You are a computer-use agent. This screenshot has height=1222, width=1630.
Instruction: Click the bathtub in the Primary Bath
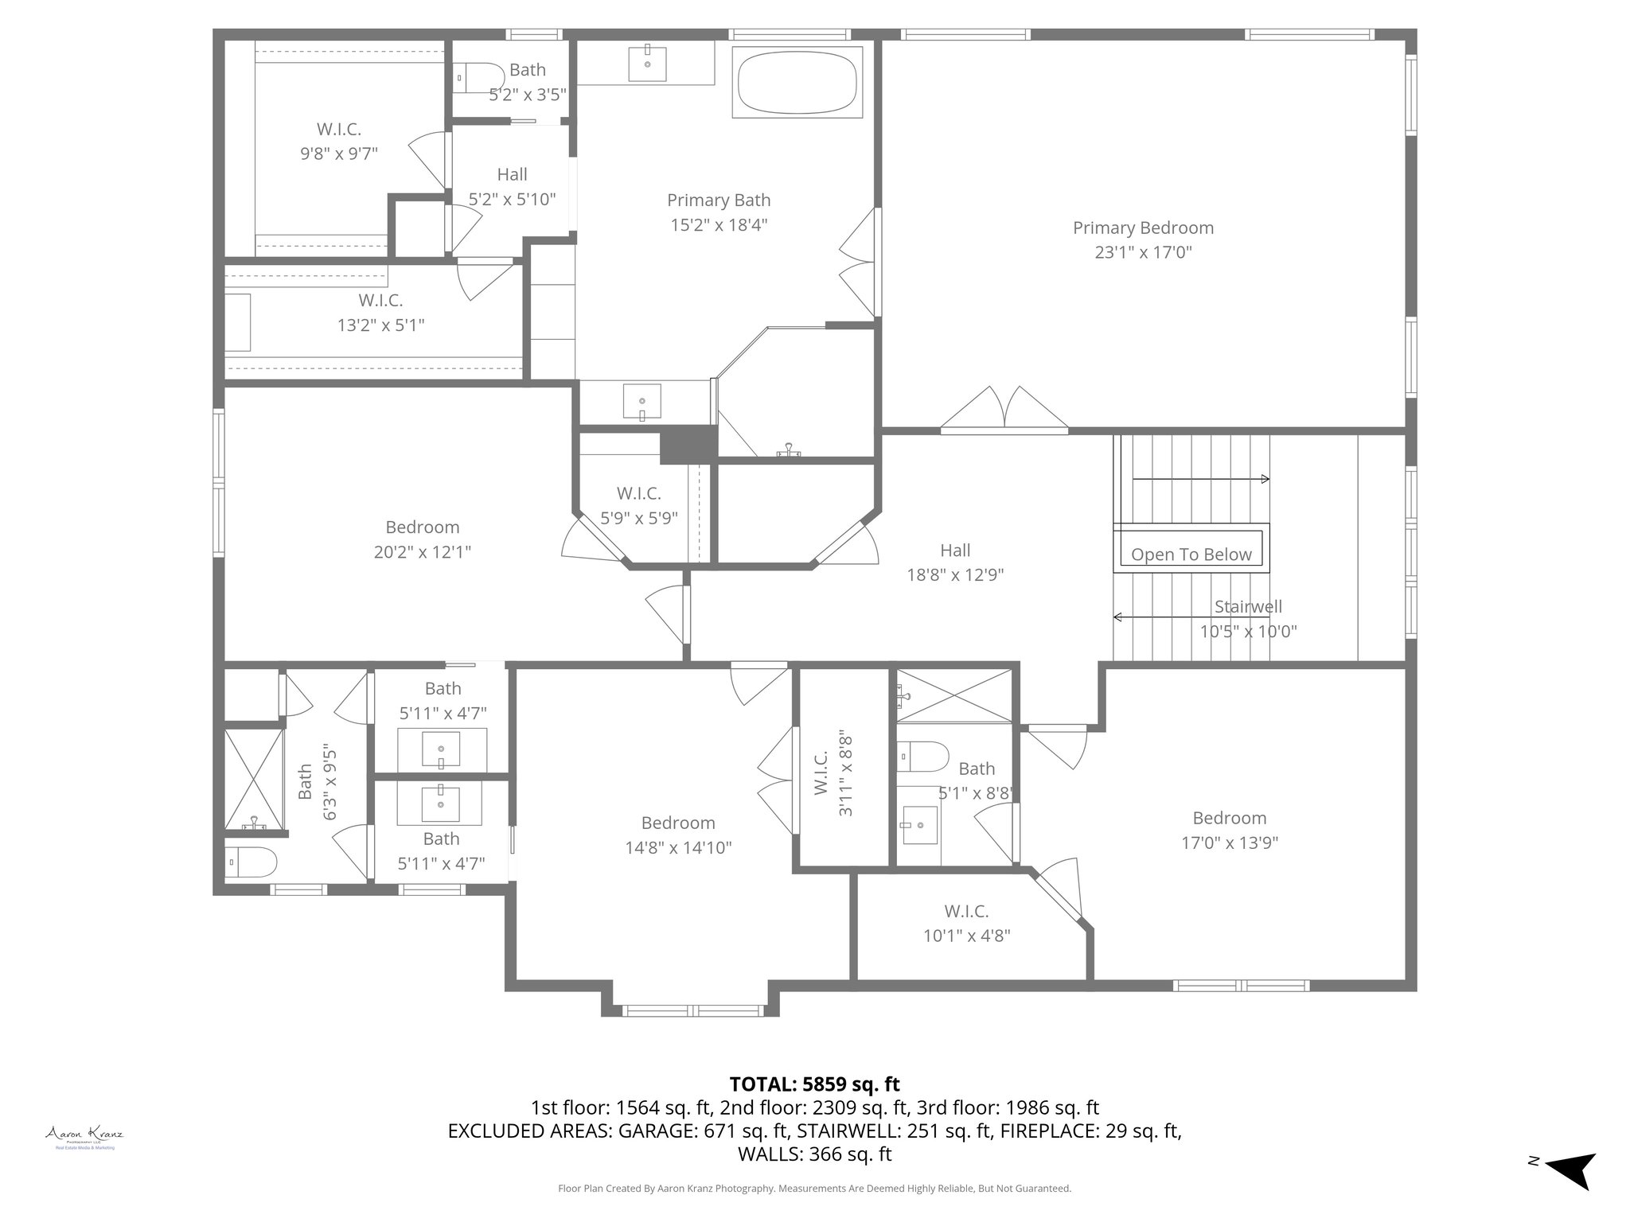click(x=797, y=83)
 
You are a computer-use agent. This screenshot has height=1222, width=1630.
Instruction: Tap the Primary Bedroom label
click(x=1143, y=228)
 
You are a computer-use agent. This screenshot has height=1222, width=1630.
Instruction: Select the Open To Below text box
click(x=1191, y=555)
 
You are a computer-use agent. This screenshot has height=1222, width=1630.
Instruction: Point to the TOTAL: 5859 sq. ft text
click(x=814, y=1084)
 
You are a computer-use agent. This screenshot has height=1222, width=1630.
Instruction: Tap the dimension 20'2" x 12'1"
click(x=422, y=552)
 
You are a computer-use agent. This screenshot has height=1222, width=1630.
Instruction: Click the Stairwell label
click(x=1248, y=607)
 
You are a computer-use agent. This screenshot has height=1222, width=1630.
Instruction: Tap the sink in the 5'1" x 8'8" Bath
click(x=918, y=825)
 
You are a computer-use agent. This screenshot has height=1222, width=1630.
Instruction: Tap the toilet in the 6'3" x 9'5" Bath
click(x=251, y=862)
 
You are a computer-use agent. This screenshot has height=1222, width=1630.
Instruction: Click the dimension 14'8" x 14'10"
click(x=678, y=848)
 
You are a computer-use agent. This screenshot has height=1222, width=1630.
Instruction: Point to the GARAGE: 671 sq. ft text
click(x=703, y=1131)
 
